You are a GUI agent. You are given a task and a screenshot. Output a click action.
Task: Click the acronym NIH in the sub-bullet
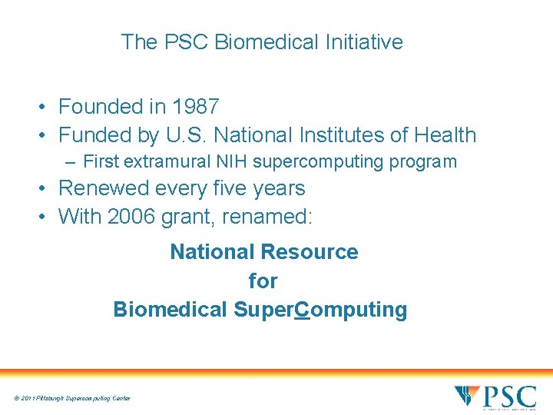[232, 162]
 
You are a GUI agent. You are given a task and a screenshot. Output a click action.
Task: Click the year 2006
[131, 217]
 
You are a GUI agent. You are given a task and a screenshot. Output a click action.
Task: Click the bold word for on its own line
[263, 281]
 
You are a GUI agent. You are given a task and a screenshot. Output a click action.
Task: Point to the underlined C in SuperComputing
[302, 310]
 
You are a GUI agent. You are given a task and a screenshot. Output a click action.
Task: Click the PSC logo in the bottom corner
[495, 397]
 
